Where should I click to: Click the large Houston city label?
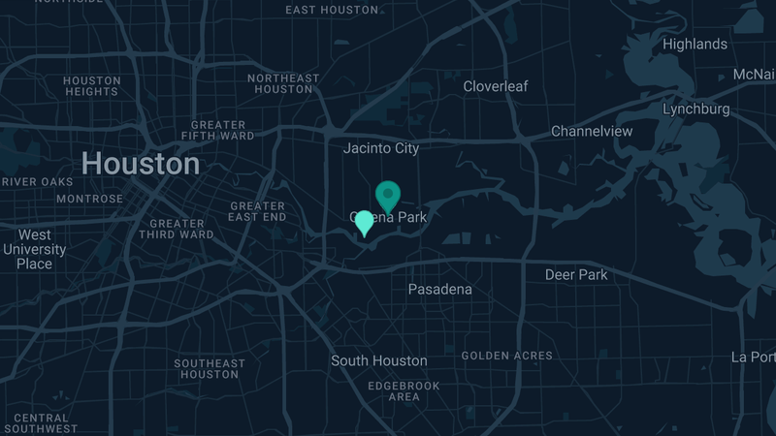tap(141, 164)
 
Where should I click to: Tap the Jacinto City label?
tap(381, 148)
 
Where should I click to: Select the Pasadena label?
tap(439, 290)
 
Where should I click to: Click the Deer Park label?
tap(576, 274)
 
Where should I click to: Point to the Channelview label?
tap(592, 131)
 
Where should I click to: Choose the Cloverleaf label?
tap(496, 86)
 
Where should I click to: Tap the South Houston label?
tap(378, 360)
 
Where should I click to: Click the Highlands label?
tap(695, 44)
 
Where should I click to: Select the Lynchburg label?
tap(695, 109)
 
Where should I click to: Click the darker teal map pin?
tap(388, 194)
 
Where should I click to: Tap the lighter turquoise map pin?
tap(364, 222)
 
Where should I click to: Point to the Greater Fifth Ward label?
tap(218, 131)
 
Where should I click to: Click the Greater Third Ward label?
tap(177, 228)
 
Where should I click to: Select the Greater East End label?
tap(257, 211)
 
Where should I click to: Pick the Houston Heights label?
tap(92, 86)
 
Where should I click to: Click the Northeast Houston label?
tap(283, 83)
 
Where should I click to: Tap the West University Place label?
tap(34, 249)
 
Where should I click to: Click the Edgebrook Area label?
tap(404, 390)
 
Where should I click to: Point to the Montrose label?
tap(90, 199)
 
